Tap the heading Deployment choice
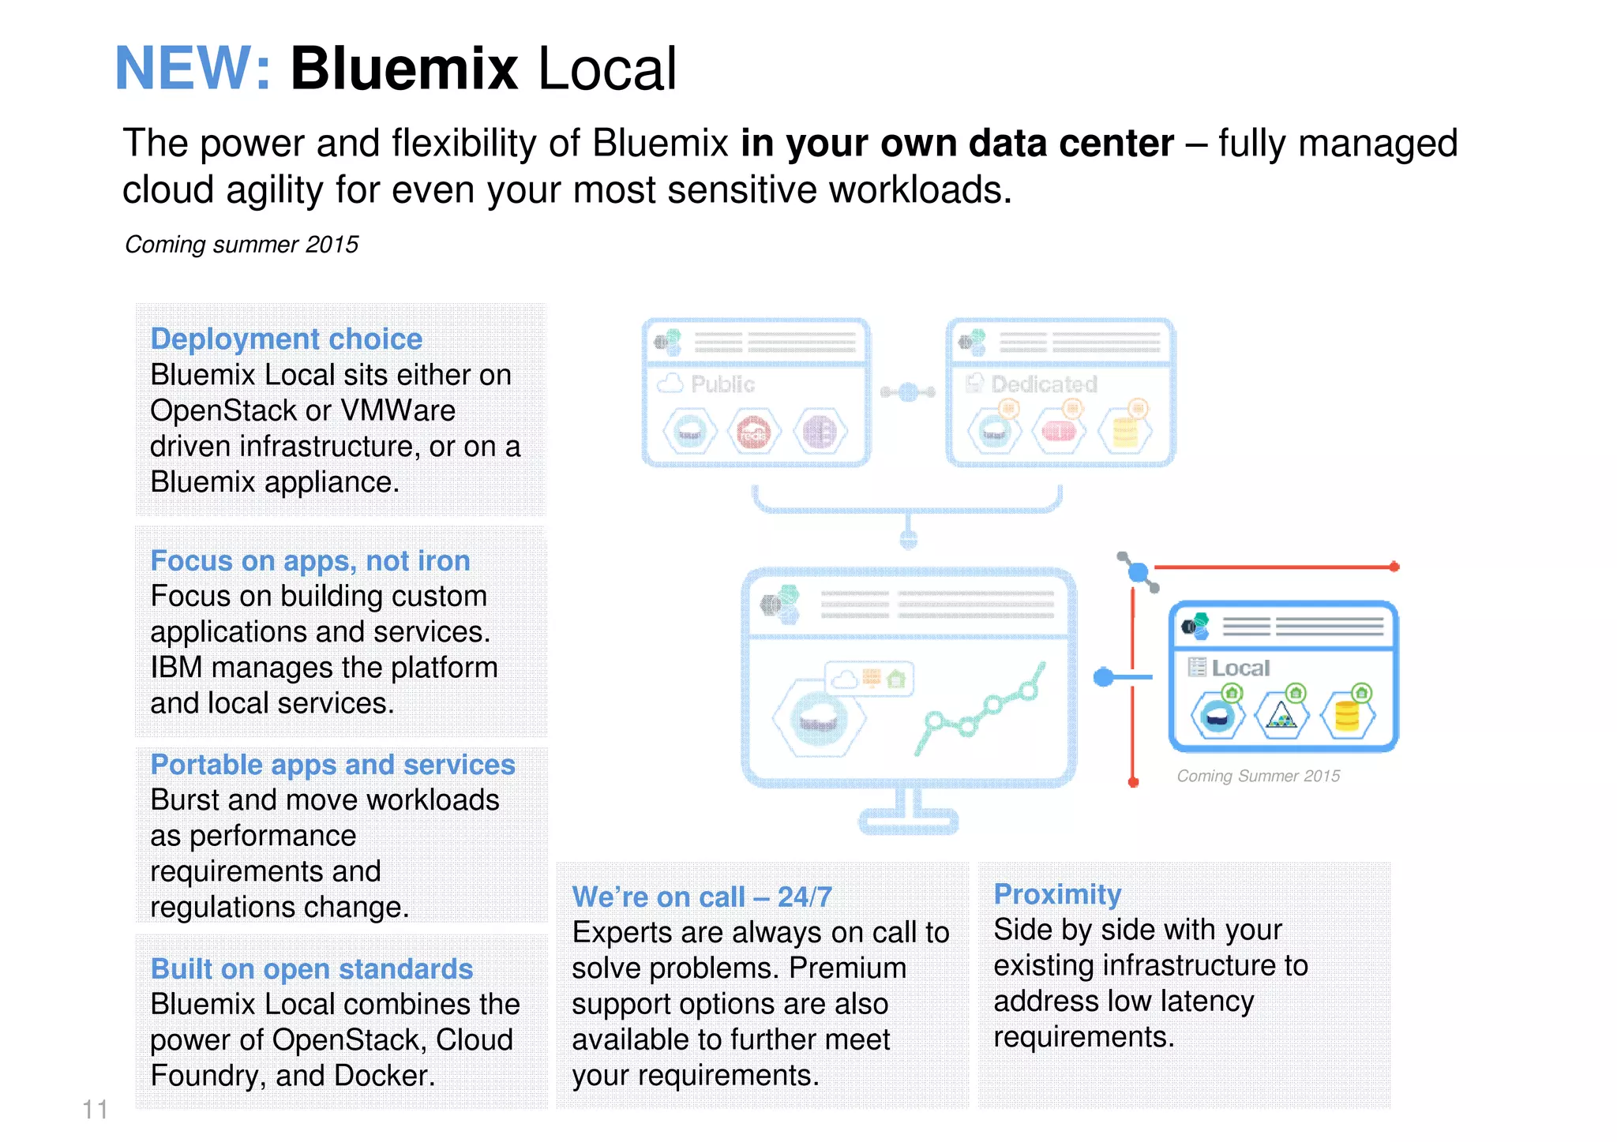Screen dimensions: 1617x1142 tap(286, 339)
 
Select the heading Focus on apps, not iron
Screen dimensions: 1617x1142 tap(310, 560)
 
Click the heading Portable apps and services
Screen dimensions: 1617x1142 tap(332, 764)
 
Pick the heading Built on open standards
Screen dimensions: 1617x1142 tap(311, 968)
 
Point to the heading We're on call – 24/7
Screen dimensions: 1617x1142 tap(701, 897)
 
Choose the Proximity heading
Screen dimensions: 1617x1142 tap(1057, 894)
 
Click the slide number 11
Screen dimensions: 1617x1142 tap(95, 1109)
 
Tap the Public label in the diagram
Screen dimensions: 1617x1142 tap(722, 384)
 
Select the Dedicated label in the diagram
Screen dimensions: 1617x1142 tap(1044, 384)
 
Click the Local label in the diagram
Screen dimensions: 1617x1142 tap(1240, 668)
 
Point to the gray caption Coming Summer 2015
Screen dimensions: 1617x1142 tap(1258, 776)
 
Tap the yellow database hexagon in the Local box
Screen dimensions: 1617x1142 tap(1347, 716)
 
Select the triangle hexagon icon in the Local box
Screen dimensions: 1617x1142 tap(1281, 716)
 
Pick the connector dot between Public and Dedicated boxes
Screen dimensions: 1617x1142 tap(908, 391)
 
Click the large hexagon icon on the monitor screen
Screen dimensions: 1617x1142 tap(819, 718)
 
